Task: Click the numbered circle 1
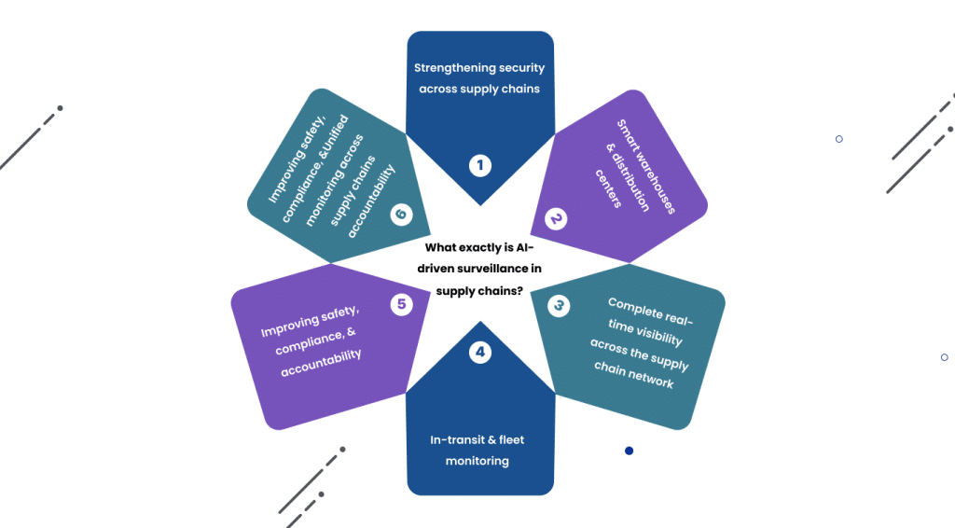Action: tap(479, 166)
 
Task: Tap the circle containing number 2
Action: tap(556, 219)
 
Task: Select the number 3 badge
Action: tap(558, 305)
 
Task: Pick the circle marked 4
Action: tap(479, 353)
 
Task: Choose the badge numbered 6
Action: tap(402, 215)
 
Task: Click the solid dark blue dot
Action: tap(629, 451)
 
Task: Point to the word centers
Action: tap(608, 189)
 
